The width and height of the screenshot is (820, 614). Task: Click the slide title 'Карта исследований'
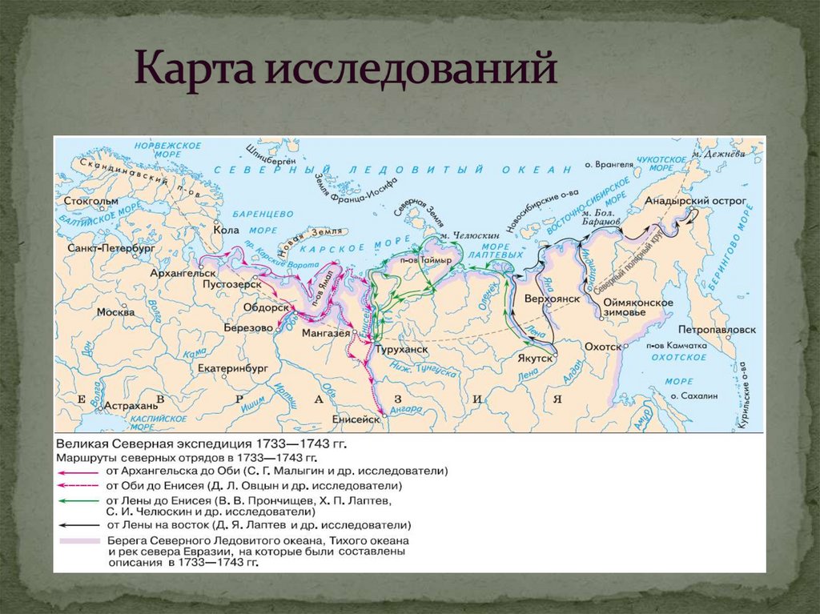345,70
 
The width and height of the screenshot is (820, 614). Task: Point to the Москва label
115,311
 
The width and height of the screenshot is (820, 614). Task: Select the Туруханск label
404,350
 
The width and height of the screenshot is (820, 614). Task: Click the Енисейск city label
353,419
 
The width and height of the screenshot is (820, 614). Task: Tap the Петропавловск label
716,329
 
